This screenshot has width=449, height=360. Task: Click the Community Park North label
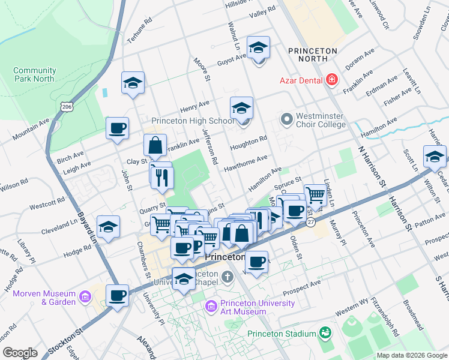point(34,74)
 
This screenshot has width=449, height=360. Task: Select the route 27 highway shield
point(310,221)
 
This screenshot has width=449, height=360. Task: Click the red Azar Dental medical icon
point(331,80)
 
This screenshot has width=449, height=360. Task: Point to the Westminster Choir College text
point(321,120)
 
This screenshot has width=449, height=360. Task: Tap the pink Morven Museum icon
point(85,297)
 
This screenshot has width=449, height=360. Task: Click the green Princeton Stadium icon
point(325,332)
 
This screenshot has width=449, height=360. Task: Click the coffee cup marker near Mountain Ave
point(118,128)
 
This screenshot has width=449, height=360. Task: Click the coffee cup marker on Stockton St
point(118,295)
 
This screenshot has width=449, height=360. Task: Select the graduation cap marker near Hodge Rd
point(108,227)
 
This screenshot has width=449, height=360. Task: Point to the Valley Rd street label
point(262,11)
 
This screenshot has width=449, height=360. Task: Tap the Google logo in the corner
point(20,353)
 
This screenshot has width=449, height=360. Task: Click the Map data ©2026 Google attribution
point(411,355)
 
